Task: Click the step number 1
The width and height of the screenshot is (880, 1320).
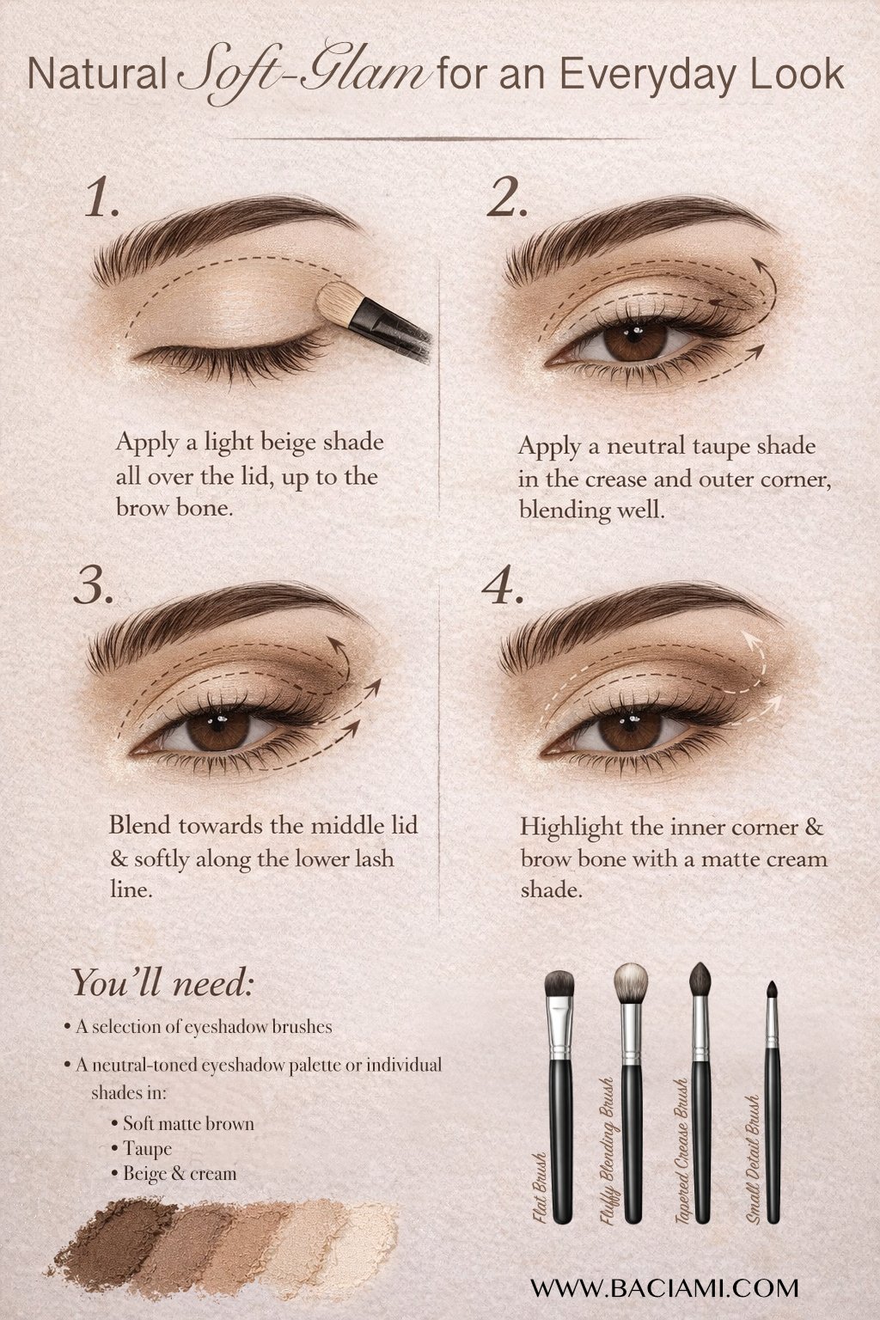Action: coord(102,199)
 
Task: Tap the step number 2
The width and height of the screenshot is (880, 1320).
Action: coord(507,199)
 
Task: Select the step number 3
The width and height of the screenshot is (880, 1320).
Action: coord(93,584)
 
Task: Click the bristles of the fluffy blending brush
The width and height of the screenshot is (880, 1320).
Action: coord(632,981)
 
